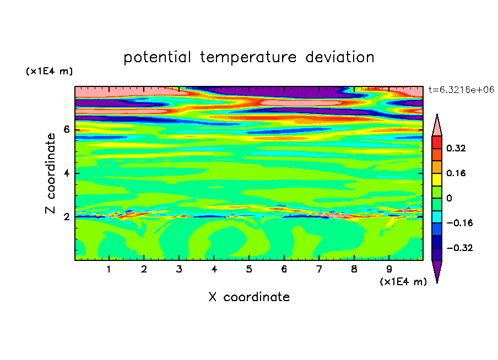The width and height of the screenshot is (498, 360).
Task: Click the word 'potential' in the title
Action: [x=157, y=58]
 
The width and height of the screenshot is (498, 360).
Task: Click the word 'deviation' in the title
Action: [x=339, y=57]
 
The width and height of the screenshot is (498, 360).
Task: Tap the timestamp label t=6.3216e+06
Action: [x=461, y=90]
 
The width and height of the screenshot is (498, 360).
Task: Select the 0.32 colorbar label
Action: [x=456, y=148]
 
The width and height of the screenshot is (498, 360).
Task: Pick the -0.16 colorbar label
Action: [x=459, y=223]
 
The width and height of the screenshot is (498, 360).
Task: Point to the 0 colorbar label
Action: [x=449, y=198]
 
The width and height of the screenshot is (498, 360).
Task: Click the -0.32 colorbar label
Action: [x=459, y=248]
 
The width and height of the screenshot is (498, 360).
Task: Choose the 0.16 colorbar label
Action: [x=456, y=173]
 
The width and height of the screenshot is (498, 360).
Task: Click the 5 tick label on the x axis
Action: [x=249, y=269]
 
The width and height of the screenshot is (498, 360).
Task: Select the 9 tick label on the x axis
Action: [x=389, y=269]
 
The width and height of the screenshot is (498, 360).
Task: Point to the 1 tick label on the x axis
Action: [x=109, y=269]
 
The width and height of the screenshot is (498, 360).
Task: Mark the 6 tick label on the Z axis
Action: [x=66, y=129]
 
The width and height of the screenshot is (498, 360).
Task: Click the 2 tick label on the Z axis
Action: [x=66, y=216]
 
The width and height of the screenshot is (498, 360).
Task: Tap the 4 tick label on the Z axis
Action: [x=66, y=173]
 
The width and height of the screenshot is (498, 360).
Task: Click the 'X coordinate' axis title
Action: [x=249, y=297]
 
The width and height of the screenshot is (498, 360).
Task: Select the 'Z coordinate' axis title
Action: [x=50, y=173]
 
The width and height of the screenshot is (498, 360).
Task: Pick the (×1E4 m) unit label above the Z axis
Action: [x=49, y=71]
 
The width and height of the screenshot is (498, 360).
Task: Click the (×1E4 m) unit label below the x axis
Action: [x=403, y=282]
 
